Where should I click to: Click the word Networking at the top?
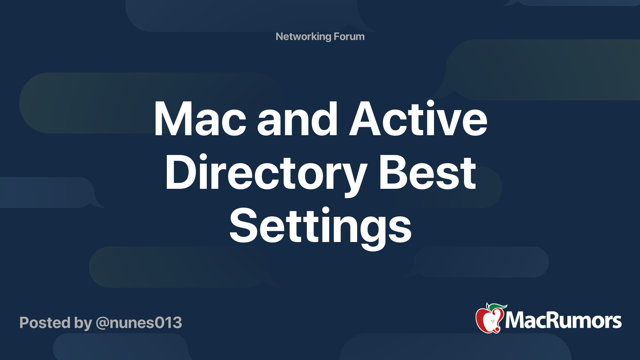(303, 36)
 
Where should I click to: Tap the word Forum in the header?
(349, 36)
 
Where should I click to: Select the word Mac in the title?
(200, 119)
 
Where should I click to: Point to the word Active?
(418, 119)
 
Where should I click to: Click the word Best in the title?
(427, 173)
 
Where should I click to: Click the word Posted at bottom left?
(45, 323)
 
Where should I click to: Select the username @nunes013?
(139, 323)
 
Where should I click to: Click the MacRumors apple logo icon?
(489, 319)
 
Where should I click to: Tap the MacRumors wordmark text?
(563, 321)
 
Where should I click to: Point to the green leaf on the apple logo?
(497, 307)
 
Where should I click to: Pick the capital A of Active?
(366, 119)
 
